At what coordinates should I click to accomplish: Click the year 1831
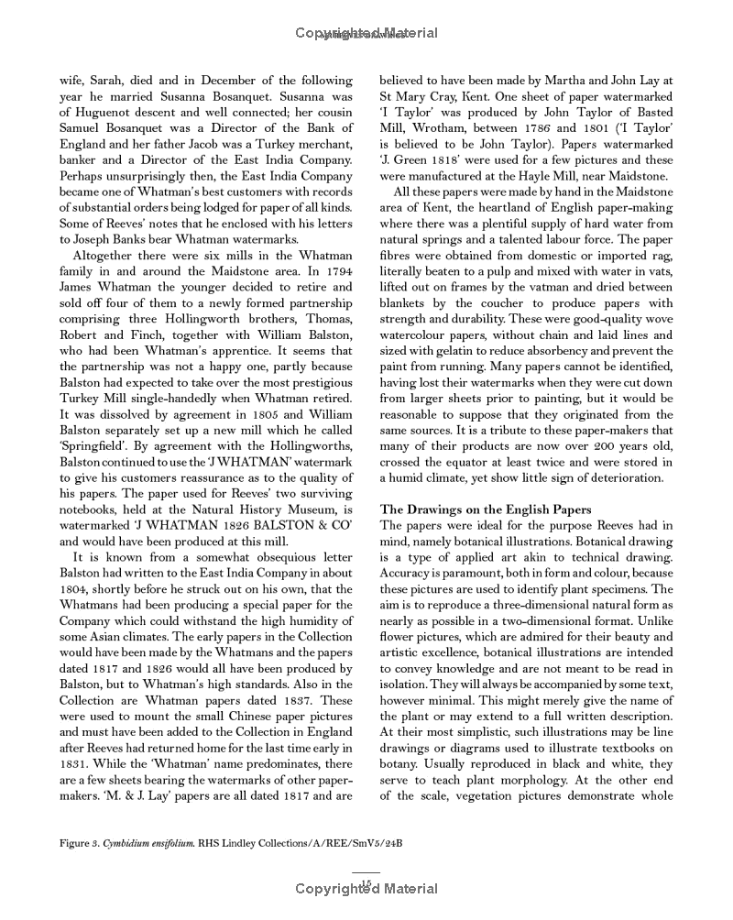pos(78,764)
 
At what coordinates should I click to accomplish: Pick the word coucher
pos(523,303)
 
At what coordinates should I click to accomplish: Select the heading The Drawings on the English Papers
pos(486,509)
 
